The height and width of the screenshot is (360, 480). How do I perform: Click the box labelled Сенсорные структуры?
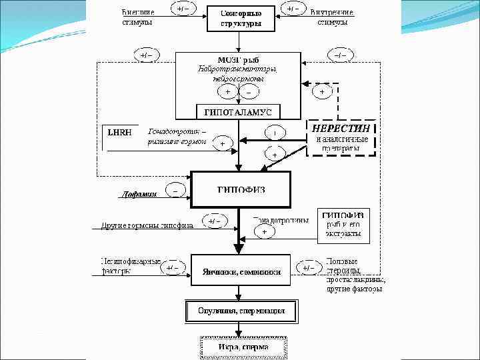[x=241, y=18]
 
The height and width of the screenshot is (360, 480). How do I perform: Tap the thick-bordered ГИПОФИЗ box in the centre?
[x=241, y=189]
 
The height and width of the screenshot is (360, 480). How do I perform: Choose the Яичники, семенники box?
[x=241, y=271]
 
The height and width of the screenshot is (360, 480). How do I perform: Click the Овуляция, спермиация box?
[x=241, y=311]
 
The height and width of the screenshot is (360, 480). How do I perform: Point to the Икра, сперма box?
[x=243, y=347]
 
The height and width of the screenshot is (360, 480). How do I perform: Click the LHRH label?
[x=120, y=132]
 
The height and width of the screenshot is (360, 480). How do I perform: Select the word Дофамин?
[x=139, y=195]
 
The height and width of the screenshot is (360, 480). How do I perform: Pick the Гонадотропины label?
[x=282, y=219]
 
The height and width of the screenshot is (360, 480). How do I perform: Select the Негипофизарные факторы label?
[x=131, y=266]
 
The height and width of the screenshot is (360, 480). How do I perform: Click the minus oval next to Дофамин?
[x=175, y=189]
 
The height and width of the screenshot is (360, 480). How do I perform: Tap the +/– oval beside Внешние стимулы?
[x=181, y=9]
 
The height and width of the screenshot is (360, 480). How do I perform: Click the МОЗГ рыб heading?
[x=238, y=60]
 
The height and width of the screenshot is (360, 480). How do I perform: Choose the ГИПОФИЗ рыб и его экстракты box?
[x=343, y=225]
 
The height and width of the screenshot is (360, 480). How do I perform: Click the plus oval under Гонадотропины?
[x=264, y=231]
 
